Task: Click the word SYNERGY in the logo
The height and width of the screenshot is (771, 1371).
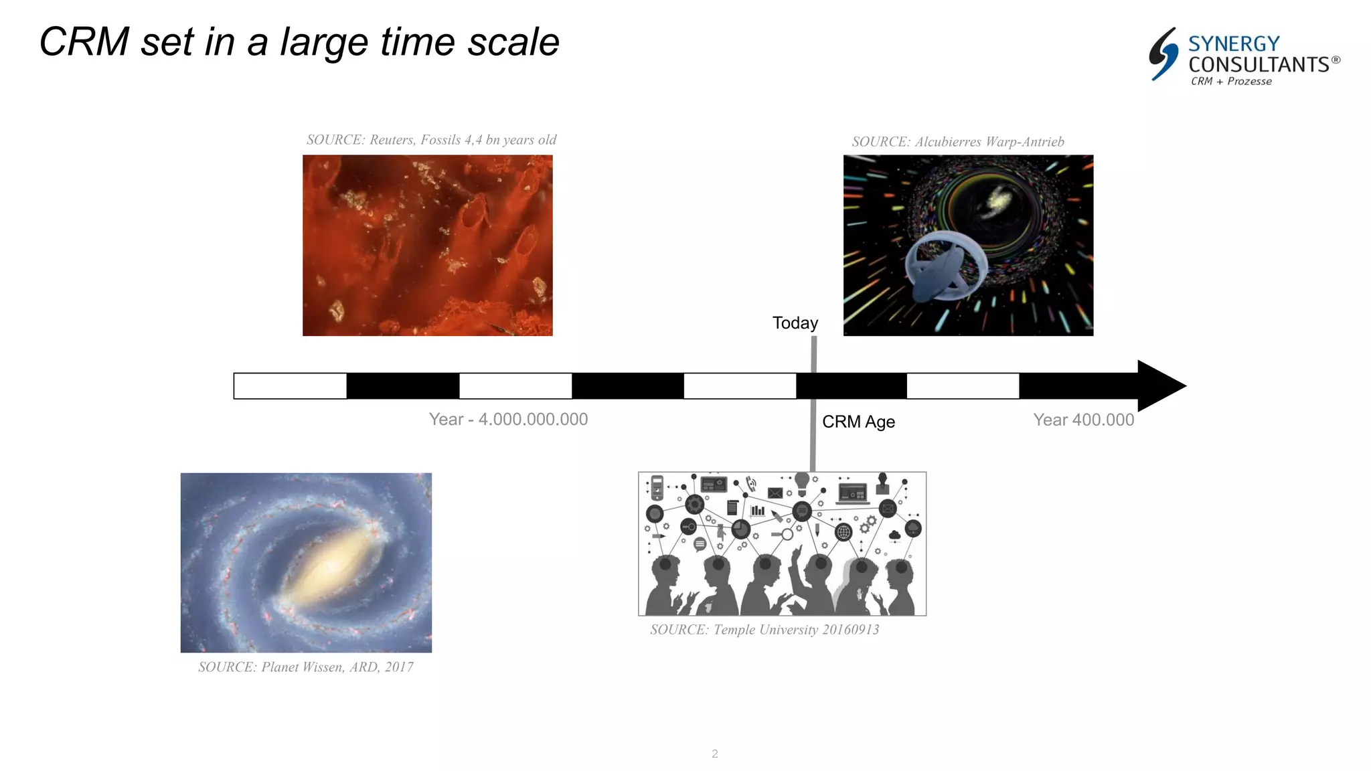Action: point(1234,44)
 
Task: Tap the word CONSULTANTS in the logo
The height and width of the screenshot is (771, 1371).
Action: point(1259,65)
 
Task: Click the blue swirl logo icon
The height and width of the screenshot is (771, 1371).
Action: point(1163,54)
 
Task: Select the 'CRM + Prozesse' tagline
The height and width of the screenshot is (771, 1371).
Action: point(1231,82)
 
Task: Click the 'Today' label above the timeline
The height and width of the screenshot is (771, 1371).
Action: point(795,323)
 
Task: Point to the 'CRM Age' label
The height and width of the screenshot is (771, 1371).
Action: point(858,422)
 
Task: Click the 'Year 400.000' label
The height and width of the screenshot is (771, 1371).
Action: point(1083,420)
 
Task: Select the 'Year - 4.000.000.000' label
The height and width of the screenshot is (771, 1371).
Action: point(508,420)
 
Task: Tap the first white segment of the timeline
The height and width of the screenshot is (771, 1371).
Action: point(290,386)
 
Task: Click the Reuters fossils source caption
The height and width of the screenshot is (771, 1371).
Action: point(431,140)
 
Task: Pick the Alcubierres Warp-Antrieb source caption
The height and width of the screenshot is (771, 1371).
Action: point(957,142)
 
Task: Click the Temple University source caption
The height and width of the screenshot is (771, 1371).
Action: point(764,630)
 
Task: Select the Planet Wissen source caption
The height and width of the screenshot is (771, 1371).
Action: point(305,667)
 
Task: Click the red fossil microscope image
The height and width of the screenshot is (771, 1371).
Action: point(427,246)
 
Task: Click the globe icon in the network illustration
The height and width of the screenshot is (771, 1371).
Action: point(843,532)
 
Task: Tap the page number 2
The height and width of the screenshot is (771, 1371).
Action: point(715,754)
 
